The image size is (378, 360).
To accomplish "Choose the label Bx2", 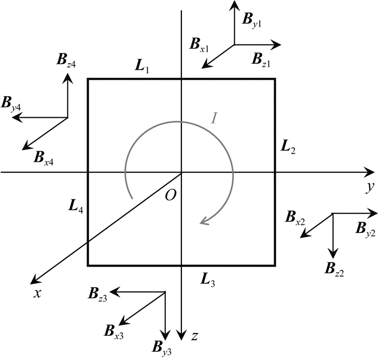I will tap(294, 218).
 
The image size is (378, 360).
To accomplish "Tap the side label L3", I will tap(208, 279).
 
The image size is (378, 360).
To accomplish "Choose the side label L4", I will tap(76, 205).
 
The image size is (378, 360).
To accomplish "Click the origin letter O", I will tap(170, 195).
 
